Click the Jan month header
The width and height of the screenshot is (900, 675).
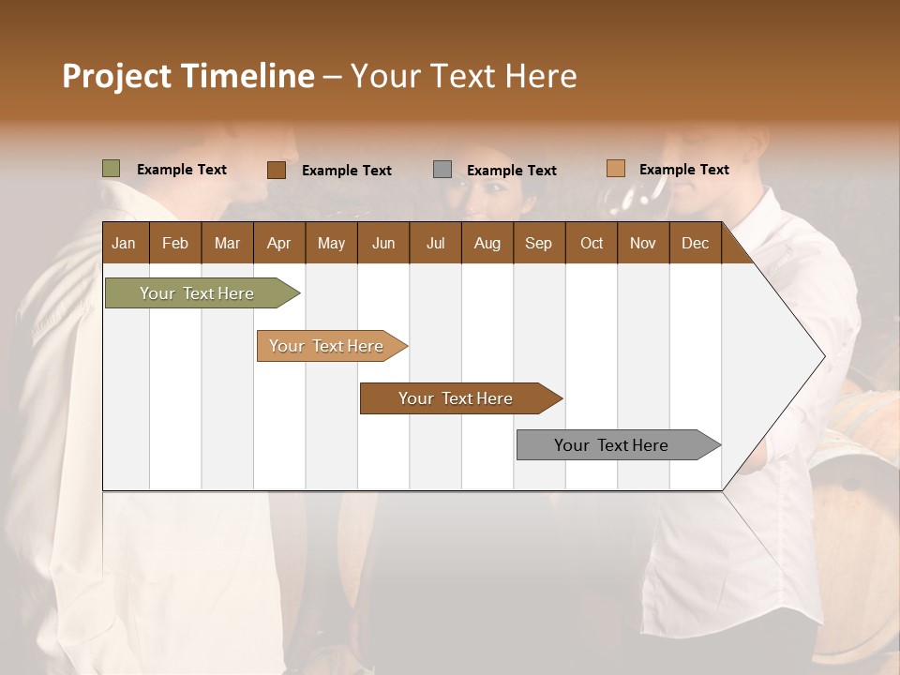pyautogui.click(x=124, y=243)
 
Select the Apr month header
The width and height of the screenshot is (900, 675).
pyautogui.click(x=278, y=243)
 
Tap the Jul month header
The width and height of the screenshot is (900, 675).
pyautogui.click(x=435, y=243)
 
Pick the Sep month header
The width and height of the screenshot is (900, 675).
pyautogui.click(x=538, y=243)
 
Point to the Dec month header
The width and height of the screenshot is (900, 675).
pyautogui.click(x=695, y=243)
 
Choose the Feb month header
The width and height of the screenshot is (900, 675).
pyautogui.click(x=175, y=243)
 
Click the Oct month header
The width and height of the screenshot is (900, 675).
pyautogui.click(x=592, y=243)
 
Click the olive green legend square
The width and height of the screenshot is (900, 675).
pyautogui.click(x=112, y=169)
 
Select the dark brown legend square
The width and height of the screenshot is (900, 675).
pyautogui.click(x=276, y=170)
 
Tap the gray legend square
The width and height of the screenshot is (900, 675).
pyautogui.click(x=442, y=170)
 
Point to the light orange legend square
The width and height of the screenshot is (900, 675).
pyautogui.click(x=615, y=169)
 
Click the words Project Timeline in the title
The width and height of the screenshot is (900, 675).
pyautogui.click(x=188, y=76)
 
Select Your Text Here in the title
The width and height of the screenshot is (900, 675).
pyautogui.click(x=463, y=76)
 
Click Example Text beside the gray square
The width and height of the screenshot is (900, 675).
pyautogui.click(x=511, y=171)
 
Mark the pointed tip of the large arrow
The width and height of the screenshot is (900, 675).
pyautogui.click(x=823, y=356)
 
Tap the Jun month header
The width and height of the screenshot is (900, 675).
pyautogui.click(x=383, y=243)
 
